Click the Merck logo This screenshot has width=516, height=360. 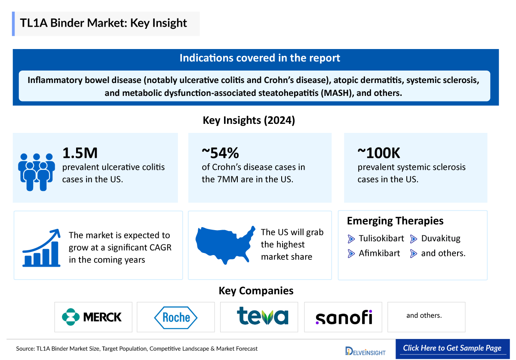point(92,317)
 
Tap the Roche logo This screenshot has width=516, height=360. point(175,317)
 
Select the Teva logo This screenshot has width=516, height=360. point(263,316)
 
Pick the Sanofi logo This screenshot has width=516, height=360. point(344,317)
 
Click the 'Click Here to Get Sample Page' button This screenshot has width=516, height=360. point(452,348)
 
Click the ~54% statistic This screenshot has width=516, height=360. point(220,153)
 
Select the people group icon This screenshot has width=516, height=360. point(37,172)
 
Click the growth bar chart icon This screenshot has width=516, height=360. point(41,248)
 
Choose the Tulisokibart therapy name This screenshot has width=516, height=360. point(381,239)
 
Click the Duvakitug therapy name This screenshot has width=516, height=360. point(440,239)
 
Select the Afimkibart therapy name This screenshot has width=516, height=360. point(379,253)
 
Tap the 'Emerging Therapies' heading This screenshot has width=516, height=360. point(395,221)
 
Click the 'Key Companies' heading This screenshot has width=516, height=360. point(256,291)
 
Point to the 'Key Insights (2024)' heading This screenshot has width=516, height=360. point(249,120)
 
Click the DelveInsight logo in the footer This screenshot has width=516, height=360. point(365,351)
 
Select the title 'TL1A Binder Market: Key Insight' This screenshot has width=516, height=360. point(103,23)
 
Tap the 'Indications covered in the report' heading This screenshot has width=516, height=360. point(259,58)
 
